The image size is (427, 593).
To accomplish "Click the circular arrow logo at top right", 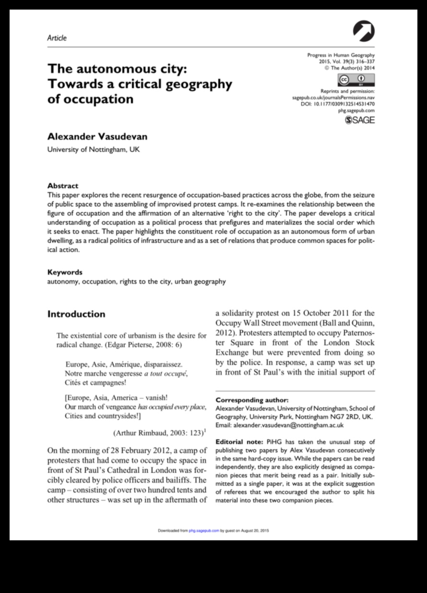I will point(364,32).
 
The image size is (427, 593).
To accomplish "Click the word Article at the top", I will point(57,38).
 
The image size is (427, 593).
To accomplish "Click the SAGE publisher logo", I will point(360,120).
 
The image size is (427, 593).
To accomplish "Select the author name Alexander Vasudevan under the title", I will point(97,137).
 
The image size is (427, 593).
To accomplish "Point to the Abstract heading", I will point(62,185).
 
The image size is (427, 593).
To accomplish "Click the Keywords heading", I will point(65,272).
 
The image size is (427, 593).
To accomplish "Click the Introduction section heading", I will point(76,314).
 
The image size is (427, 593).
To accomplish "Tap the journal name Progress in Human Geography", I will point(341,55).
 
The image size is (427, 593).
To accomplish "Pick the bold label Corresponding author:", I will point(252,400).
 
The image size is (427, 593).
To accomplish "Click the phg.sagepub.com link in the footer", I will point(204,531).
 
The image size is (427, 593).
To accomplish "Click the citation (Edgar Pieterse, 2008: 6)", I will point(132,345).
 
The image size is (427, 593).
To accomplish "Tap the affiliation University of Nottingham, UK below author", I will point(93,149).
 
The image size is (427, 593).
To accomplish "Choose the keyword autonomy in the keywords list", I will point(62,282).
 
